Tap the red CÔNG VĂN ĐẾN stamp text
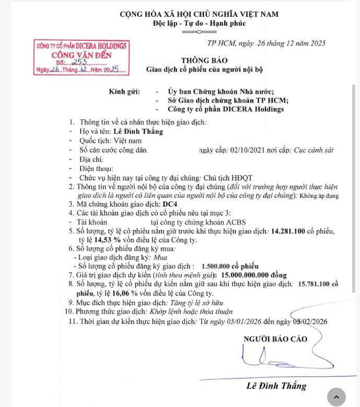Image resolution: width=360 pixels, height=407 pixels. coord(81,54)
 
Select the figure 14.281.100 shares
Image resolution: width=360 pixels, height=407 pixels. coord(292,230)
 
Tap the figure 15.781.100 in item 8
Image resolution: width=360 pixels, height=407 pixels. coord(308,283)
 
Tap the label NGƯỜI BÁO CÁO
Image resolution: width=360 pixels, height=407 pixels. coord(276,338)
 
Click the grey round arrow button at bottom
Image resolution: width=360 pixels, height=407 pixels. coord(336,397)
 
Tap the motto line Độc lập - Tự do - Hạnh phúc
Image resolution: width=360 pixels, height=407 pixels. coord(199,23)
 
